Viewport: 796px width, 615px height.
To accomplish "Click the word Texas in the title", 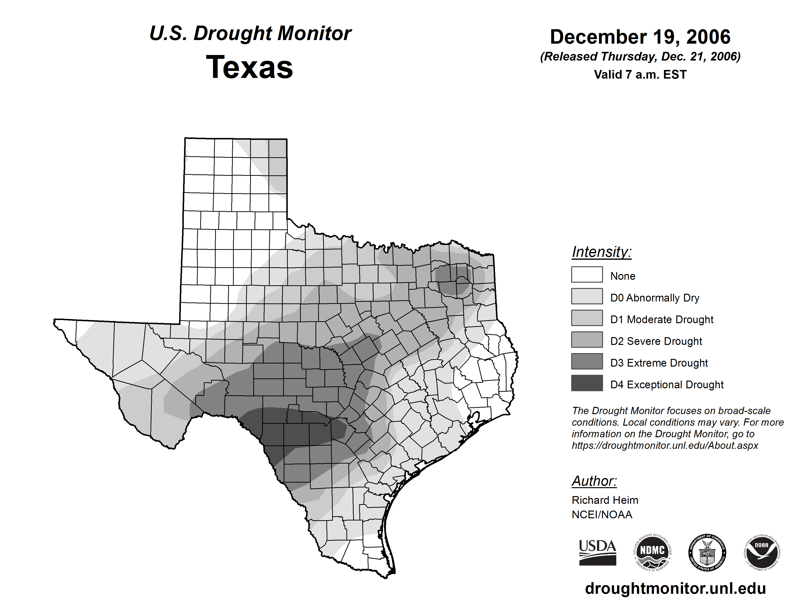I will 249,67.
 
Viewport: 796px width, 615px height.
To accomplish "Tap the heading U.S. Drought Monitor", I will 250,34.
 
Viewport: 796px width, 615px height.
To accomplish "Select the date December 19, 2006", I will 640,37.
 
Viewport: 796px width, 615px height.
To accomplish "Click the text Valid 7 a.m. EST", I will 640,75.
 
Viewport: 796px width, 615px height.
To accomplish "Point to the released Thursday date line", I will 640,56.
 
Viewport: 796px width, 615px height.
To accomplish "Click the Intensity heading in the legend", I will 601,252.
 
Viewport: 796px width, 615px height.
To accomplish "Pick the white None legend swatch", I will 587,274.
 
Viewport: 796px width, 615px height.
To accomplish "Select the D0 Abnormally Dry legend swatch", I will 587,296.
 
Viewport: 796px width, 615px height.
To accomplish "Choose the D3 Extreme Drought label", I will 659,363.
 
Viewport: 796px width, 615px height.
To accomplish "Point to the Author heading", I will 594,481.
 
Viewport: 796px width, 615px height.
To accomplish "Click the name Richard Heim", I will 605,500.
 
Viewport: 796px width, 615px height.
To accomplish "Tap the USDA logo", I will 597,552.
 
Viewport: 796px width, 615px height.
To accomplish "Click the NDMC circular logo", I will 652,552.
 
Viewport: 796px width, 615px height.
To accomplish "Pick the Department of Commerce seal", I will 707,552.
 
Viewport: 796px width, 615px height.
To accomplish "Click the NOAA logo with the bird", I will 762,552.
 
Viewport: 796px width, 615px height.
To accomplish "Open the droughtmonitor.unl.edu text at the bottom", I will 675,588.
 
